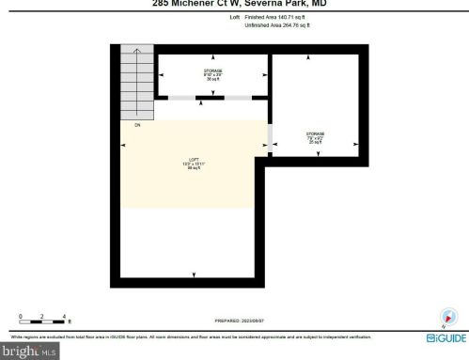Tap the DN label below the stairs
tap(137, 124)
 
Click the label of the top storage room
tap(212, 72)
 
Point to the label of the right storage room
tap(315, 136)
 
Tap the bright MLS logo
tap(25, 351)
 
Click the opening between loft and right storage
tap(270, 136)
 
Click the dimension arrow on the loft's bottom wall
tap(194, 274)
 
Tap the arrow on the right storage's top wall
tap(317, 57)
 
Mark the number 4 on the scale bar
tap(64, 316)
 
